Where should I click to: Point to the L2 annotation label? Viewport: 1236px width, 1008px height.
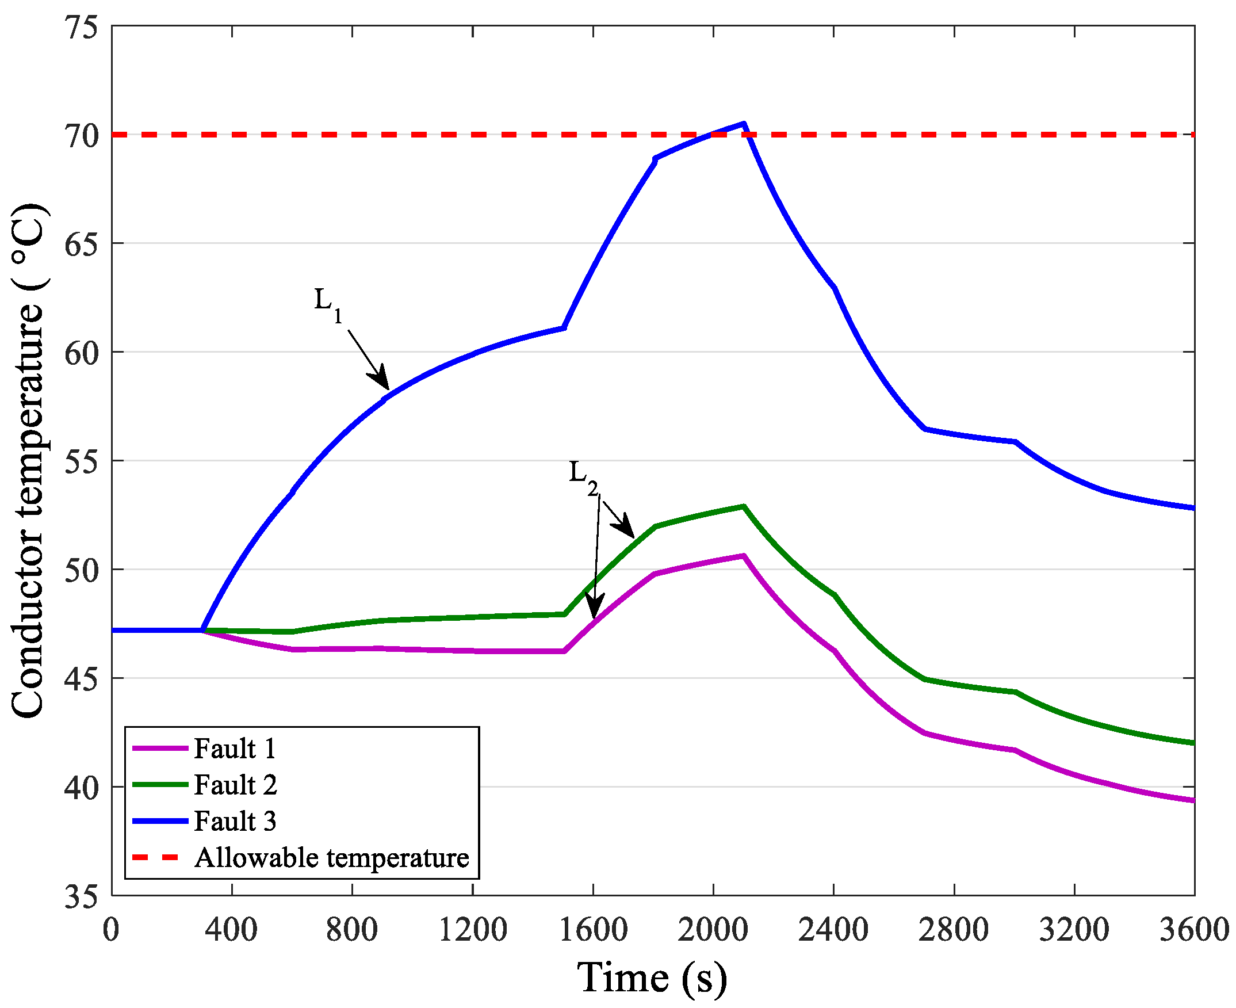point(583,478)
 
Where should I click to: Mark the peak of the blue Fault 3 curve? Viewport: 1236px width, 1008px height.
point(743,124)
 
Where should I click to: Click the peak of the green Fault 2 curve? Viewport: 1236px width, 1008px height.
point(743,506)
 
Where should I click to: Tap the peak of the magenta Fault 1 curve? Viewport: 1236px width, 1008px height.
point(743,556)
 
